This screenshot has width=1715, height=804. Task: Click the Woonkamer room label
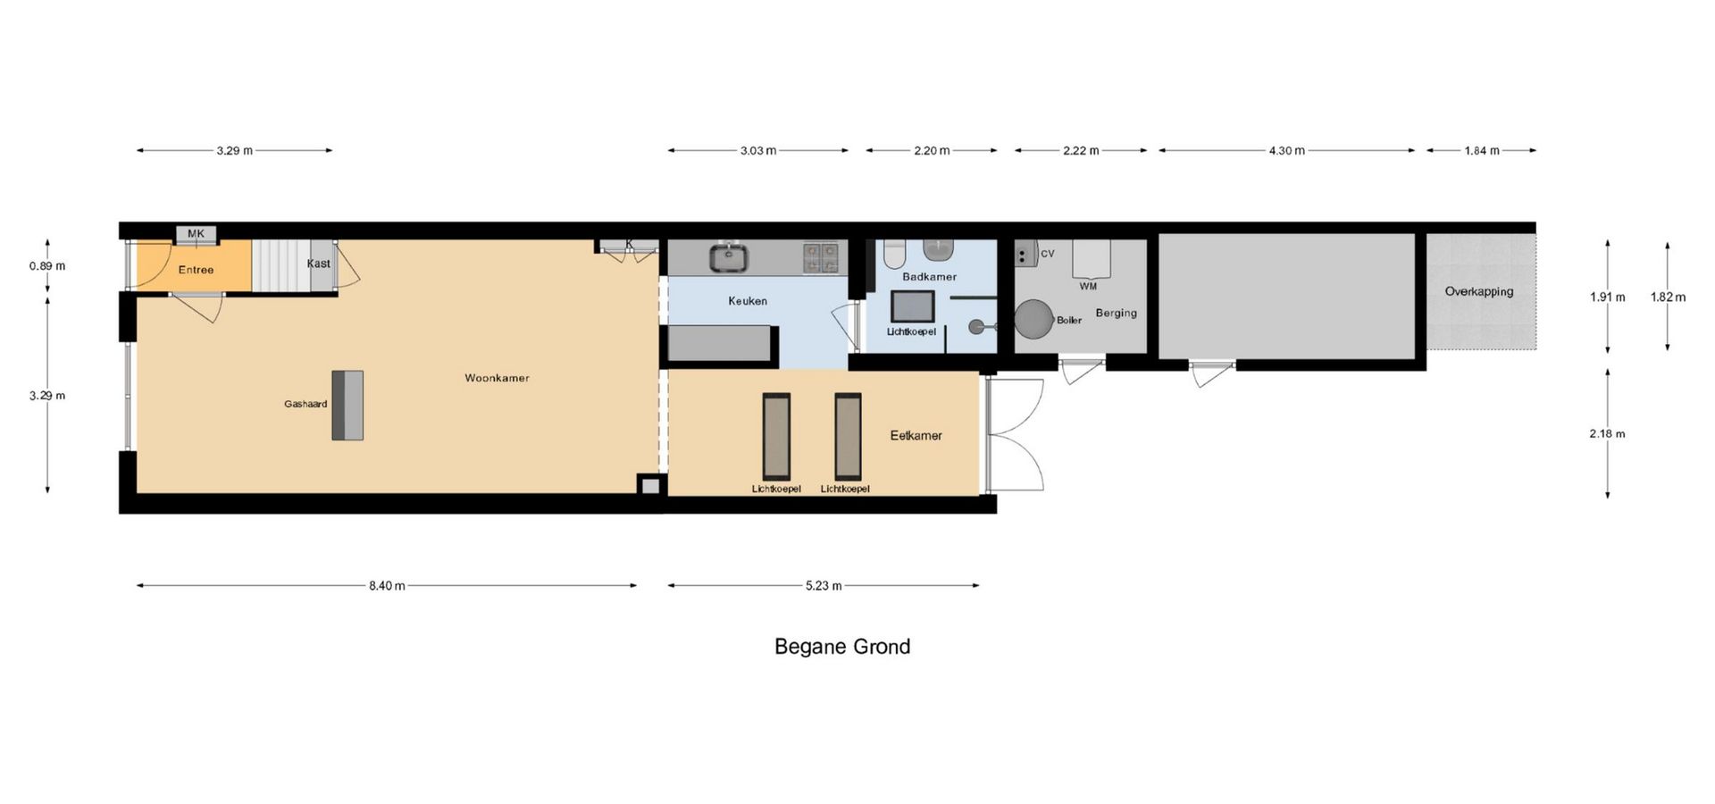(x=497, y=378)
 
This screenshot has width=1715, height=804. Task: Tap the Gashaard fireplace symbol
(x=347, y=405)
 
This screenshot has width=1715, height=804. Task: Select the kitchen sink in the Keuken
(x=729, y=258)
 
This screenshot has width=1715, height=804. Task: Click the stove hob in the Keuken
(x=820, y=257)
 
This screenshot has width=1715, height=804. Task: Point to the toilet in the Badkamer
(x=894, y=254)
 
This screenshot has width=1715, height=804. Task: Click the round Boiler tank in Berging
(x=1033, y=319)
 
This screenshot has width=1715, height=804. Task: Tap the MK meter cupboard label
(x=196, y=234)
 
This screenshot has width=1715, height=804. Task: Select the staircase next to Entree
(x=280, y=265)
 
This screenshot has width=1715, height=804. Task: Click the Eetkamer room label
(x=916, y=436)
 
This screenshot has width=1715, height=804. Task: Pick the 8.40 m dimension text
(x=387, y=586)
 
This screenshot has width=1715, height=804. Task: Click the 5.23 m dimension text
(x=824, y=586)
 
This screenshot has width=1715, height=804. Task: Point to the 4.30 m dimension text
(x=1286, y=151)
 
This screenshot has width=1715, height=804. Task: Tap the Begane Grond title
(x=842, y=647)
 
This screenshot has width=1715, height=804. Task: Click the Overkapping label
(x=1479, y=291)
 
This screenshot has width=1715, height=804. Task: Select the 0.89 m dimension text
(x=47, y=266)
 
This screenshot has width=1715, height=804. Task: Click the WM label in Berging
(x=1088, y=287)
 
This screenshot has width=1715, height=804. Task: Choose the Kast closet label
(x=319, y=264)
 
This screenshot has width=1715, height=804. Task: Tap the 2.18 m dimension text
(x=1607, y=434)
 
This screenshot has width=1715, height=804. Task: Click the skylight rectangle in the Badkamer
(x=913, y=306)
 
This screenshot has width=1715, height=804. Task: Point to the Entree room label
(x=196, y=270)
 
